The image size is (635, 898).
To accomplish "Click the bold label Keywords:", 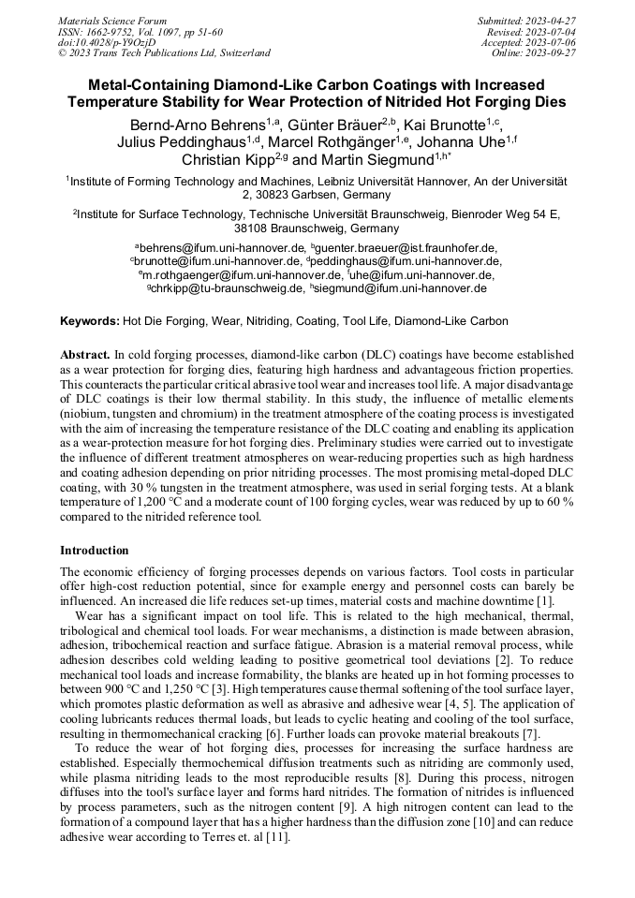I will [90, 321].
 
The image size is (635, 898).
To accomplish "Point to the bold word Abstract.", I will [84, 356].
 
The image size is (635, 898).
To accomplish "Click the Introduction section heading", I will [95, 550].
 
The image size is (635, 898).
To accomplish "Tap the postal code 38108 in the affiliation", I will [255, 228].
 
